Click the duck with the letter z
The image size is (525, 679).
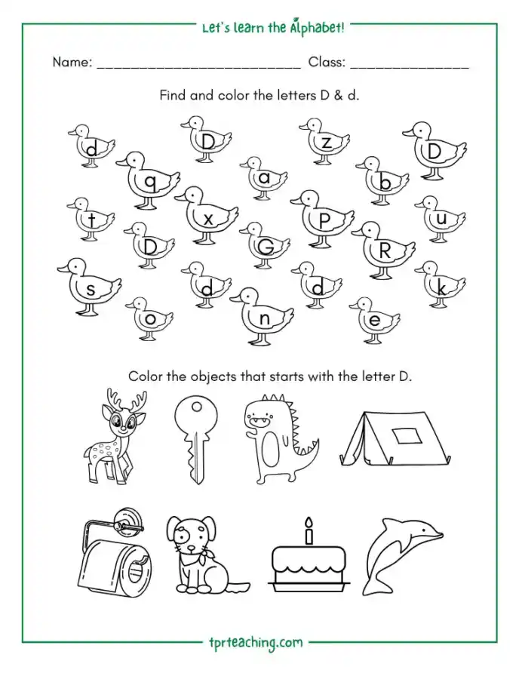coord(324,142)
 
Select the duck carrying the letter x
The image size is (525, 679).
coord(207,216)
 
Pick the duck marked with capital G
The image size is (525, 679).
coord(265,245)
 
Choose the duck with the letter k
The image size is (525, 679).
coord(441,284)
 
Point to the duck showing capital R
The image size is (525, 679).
coord(384,250)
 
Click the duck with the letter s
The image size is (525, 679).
coord(90,287)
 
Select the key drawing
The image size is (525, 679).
coord(195,441)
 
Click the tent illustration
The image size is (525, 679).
coord(395,438)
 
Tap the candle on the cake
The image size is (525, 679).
coord(309,530)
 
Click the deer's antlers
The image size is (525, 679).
coord(127,401)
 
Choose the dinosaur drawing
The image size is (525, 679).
coord(281,440)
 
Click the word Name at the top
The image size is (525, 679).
coord(72,63)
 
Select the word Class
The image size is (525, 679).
coord(327,63)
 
